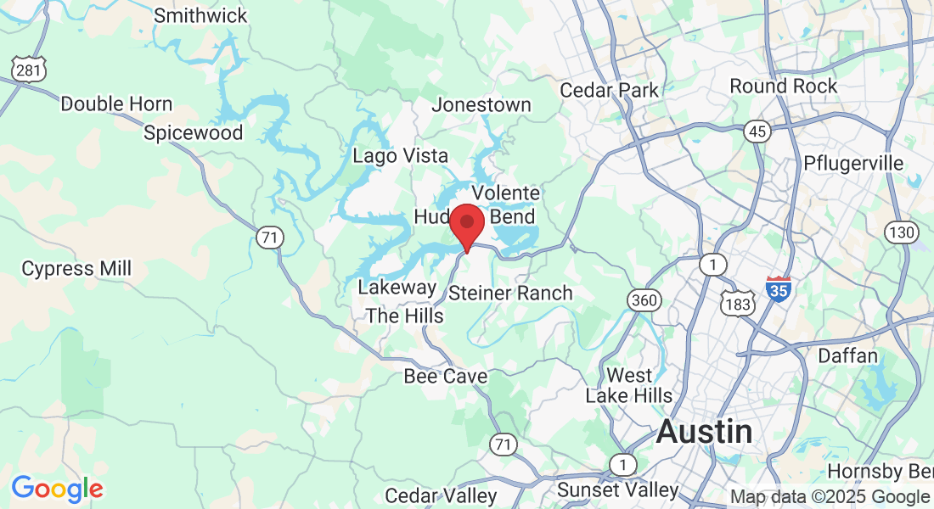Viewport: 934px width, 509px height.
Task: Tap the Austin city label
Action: point(704,432)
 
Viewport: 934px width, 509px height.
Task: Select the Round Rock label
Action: point(783,87)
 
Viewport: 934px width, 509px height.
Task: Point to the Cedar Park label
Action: point(610,90)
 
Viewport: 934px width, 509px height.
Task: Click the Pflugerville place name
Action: point(853,163)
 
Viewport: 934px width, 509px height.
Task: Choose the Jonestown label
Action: point(481,105)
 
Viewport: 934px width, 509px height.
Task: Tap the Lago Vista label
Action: point(400,156)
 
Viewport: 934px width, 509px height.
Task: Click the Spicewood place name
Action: point(193,132)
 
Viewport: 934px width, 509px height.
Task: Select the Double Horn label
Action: point(116,104)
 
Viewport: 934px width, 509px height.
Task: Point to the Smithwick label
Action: point(200,15)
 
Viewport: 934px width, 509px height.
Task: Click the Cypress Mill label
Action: point(76,269)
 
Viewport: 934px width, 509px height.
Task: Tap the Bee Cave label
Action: point(446,376)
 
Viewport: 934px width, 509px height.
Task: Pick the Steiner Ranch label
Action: point(510,294)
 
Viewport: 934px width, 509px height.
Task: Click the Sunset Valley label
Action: point(617,490)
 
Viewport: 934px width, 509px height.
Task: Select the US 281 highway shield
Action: point(28,70)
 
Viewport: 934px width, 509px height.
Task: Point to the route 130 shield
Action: point(900,232)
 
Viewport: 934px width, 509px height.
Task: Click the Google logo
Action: point(57,489)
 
